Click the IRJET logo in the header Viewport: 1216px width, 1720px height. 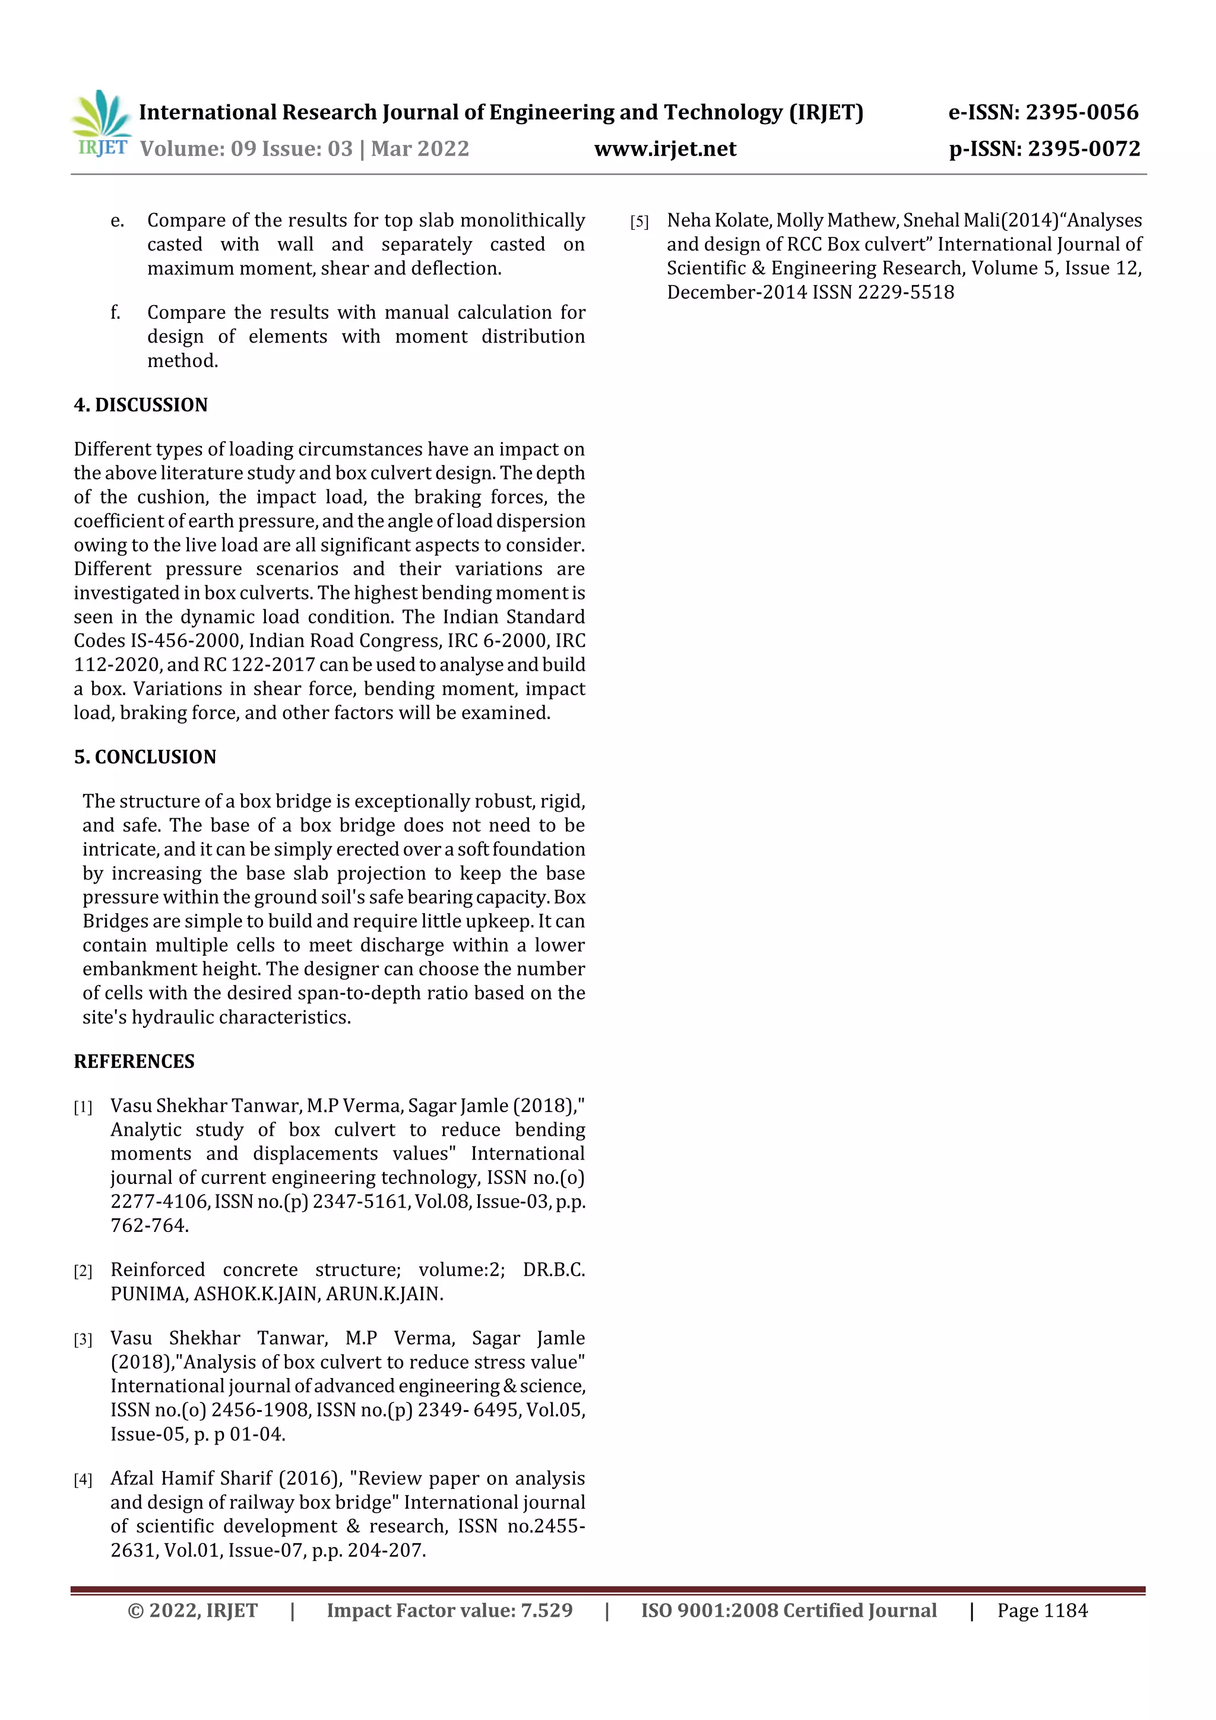pos(101,123)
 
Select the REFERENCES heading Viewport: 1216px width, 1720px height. pos(134,1061)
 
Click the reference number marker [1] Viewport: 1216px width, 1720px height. pos(83,1107)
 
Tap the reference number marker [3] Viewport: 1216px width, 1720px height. pos(83,1339)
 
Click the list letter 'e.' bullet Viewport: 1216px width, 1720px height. pos(117,221)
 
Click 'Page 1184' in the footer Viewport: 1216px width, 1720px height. pos(1041,1610)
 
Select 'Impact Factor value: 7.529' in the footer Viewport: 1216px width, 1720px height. pos(449,1610)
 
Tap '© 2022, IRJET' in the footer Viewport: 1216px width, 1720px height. pos(192,1610)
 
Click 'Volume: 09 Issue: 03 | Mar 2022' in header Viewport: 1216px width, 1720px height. pos(304,149)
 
